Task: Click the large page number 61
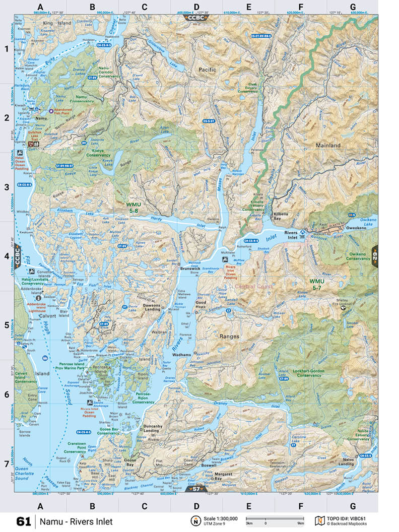coord(24,521)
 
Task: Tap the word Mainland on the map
coord(328,145)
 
